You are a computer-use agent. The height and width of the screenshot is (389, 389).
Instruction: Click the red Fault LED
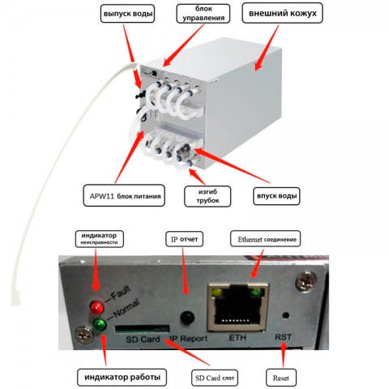pos(97,307)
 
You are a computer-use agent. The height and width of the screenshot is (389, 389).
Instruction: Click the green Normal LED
pos(100,325)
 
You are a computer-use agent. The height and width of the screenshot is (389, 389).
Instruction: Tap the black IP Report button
pos(187,318)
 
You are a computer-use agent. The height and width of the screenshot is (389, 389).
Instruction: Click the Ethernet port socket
pos(238,308)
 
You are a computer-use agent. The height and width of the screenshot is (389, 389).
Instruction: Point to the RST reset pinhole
pos(285,315)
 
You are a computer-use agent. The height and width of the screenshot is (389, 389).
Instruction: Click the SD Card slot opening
pos(142,328)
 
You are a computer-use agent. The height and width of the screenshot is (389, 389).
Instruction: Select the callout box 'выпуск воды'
pos(127,14)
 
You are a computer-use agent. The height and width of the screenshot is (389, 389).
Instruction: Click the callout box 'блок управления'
pos(203,14)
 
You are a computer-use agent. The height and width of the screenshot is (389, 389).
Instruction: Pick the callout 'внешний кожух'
pos(282,13)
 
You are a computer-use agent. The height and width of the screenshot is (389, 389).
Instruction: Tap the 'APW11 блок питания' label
pos(124,195)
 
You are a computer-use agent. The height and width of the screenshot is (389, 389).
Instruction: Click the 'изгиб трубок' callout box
pos(207,196)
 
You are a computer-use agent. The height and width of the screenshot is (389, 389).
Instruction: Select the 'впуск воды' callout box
pos(276,196)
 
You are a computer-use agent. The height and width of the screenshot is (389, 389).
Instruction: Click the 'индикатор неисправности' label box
pos(100,239)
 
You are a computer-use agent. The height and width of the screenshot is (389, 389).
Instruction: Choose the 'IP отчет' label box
pos(184,239)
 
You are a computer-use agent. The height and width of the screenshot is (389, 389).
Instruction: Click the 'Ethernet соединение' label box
pos(265,239)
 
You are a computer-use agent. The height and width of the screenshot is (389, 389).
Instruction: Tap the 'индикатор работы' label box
pos(122,377)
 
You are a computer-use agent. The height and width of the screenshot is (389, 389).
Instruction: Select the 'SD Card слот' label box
pos(215,378)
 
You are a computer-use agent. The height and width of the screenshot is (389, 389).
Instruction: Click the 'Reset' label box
pos(281,378)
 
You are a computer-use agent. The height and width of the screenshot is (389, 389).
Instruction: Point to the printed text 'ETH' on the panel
pos(237,338)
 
